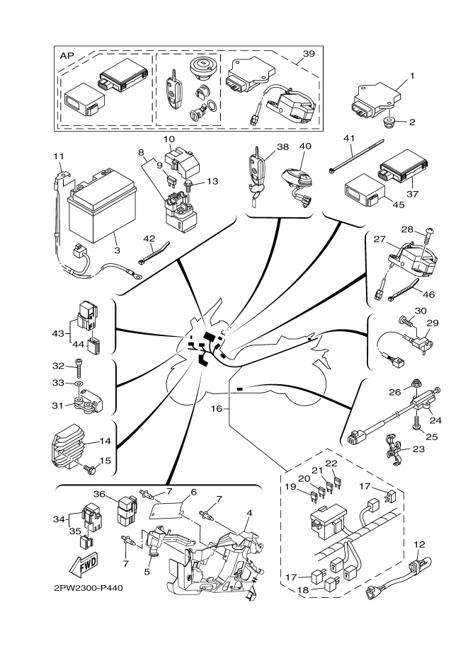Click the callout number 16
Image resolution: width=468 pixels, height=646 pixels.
[x=217, y=408]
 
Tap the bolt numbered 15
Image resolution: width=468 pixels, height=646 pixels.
[x=91, y=468]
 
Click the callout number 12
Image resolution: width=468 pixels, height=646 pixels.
[x=419, y=544]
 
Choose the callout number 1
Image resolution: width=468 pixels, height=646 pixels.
[x=412, y=75]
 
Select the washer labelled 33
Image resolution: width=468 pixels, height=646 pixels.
[x=79, y=387]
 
